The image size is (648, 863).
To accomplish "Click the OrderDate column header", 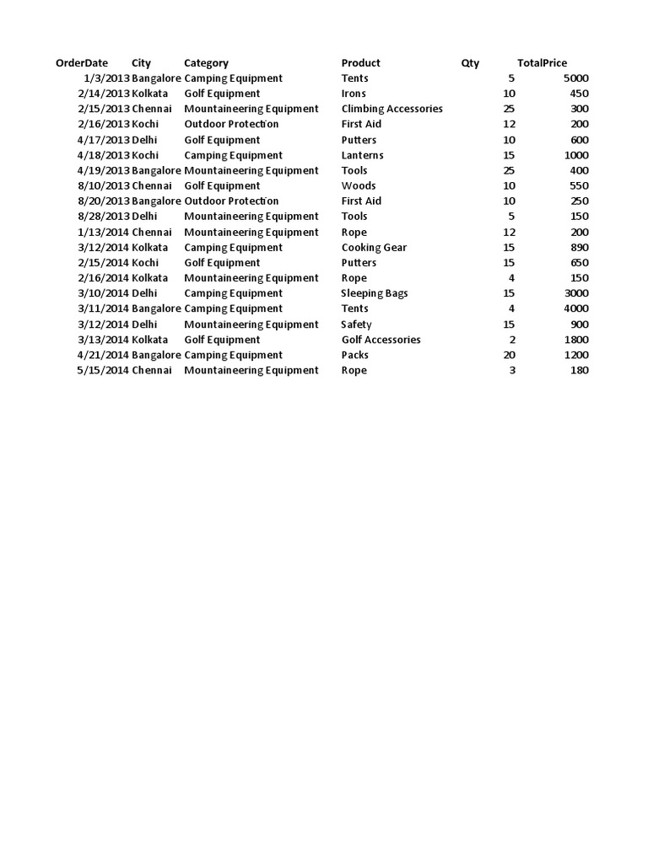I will (82, 63).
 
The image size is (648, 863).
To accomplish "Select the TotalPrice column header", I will (542, 63).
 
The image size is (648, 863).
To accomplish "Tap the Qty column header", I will (470, 63).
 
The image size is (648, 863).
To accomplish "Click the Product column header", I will (360, 63).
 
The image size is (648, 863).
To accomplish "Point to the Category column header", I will (206, 63).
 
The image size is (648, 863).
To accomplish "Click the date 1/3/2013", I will (106, 78).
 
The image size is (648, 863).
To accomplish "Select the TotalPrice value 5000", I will (575, 78).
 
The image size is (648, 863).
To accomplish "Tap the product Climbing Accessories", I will (391, 109).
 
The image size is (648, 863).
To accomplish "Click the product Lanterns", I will (362, 155).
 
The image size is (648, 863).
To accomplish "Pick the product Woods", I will (359, 185).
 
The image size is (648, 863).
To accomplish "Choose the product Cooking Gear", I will (374, 248).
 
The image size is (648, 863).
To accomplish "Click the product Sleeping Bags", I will (375, 293).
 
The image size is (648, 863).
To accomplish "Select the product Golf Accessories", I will (381, 340).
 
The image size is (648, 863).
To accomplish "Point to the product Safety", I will (356, 324).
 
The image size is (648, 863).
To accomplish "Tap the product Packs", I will (354, 355).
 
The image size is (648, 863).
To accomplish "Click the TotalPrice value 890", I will (579, 248).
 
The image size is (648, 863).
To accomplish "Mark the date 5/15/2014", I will (103, 370).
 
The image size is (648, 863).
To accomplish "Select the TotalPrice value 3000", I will (575, 293).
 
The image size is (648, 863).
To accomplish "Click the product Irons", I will (354, 94).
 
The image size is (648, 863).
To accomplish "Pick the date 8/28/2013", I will (103, 217).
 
